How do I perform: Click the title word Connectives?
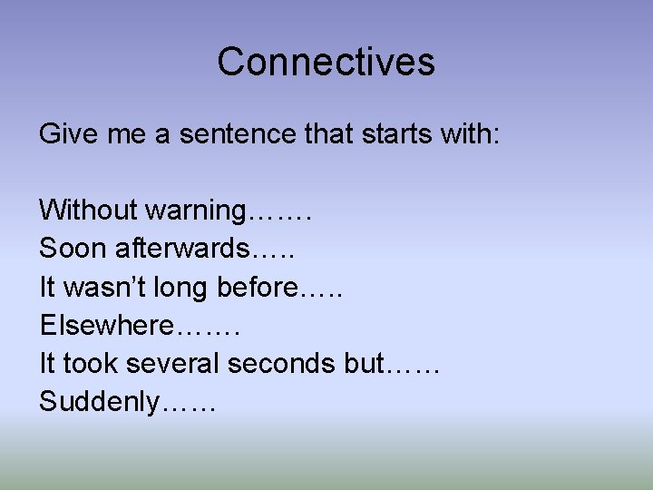tap(326, 62)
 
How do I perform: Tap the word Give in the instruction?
tap(61, 134)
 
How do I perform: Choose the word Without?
tap(87, 211)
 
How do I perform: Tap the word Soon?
tap(69, 249)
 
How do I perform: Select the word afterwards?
tap(175, 249)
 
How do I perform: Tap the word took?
tap(88, 363)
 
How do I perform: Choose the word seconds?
tap(282, 363)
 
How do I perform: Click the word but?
tap(365, 363)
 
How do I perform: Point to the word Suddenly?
tap(100, 402)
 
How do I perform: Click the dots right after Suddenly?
tap(189, 407)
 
